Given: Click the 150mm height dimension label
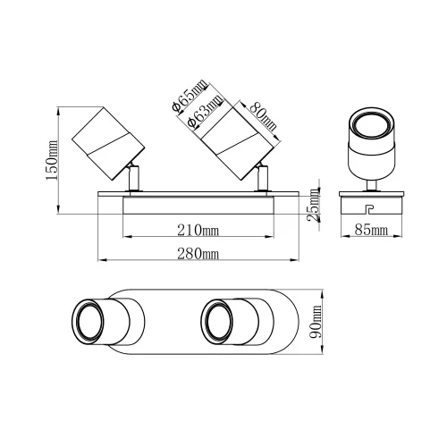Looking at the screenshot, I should point(52,160).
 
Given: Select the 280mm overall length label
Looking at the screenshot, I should point(198,255).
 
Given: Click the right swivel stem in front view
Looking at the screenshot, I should point(263,178).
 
